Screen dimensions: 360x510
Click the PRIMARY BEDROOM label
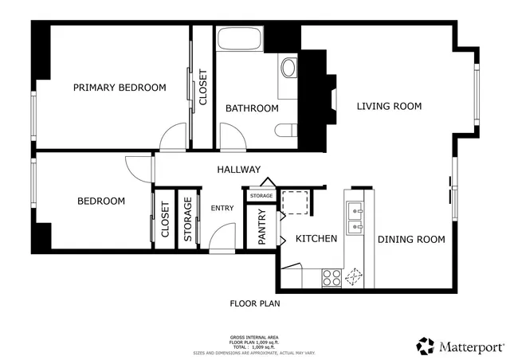point(120,88)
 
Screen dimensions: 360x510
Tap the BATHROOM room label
point(252,108)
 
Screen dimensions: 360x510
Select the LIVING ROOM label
point(389,106)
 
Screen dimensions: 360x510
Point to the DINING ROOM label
point(410,239)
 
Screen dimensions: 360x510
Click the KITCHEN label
point(316,239)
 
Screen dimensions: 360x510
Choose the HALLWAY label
point(239,170)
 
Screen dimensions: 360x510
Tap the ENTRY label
point(222,209)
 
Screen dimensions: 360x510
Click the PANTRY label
point(262,225)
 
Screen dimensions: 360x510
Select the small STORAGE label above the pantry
point(261,196)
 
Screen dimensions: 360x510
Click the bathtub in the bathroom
point(239,40)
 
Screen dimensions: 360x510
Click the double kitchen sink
point(355,213)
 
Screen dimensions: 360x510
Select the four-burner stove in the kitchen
point(331,278)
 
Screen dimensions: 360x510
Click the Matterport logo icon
point(426,346)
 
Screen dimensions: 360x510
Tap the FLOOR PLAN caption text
point(254,303)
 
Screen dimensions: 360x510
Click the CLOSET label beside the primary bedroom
point(202,88)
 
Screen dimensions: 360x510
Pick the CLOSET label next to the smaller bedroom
point(165,219)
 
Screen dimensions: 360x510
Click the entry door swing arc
point(223,237)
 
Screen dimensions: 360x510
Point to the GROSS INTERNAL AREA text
point(254,338)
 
